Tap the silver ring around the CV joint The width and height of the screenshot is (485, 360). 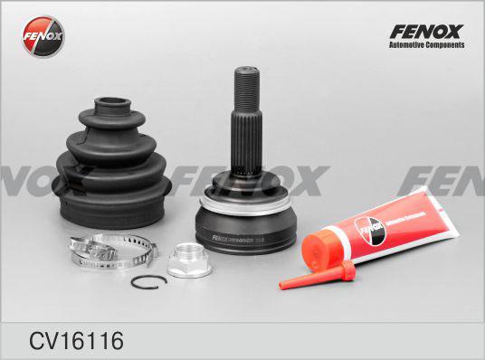245,202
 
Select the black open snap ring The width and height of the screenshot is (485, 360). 145,282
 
